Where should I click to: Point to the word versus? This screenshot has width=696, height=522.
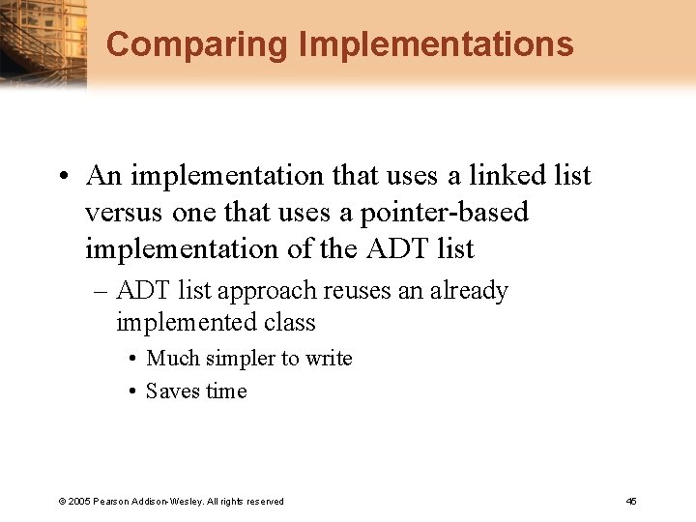coord(125,212)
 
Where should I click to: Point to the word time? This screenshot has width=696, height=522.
coord(225,391)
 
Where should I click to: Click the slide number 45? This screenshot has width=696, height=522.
coord(631,502)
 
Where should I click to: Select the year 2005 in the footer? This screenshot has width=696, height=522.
coord(79,502)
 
